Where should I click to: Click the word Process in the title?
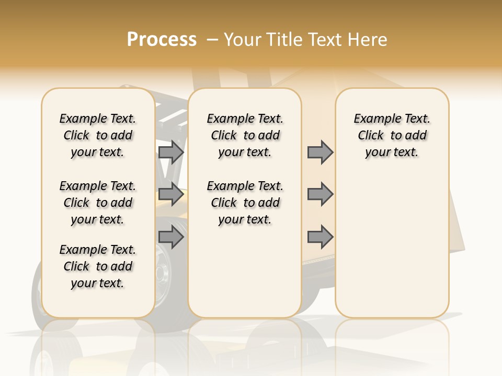point(162,40)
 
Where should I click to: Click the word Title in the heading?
point(282,40)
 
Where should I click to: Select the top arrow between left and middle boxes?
point(171,152)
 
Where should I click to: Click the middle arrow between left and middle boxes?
point(171,194)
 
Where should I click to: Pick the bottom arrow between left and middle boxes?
point(171,237)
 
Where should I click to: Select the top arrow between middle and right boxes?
point(320,152)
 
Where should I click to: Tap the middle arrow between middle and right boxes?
point(320,194)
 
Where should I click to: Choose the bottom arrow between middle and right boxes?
point(320,237)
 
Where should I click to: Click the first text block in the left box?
point(98,135)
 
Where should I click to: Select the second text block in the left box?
point(98,203)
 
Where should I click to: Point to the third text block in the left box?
point(98,266)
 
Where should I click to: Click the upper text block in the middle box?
point(245,135)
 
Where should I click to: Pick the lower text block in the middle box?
point(245,203)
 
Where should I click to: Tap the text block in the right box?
point(392,135)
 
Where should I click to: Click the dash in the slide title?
point(212,40)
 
